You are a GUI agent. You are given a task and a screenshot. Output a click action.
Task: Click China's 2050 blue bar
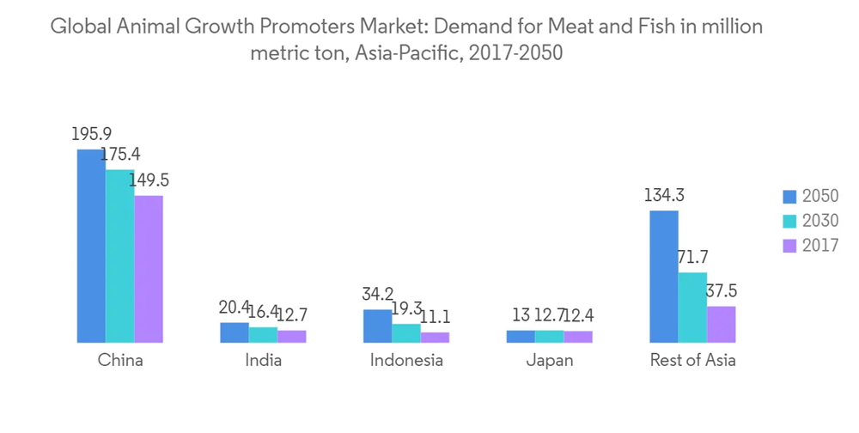(x=91, y=247)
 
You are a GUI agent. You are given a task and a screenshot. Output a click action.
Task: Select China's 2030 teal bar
(x=119, y=256)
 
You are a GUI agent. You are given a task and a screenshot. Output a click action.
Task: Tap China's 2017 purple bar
(x=148, y=269)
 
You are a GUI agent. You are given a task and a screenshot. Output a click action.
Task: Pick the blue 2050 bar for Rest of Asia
(x=664, y=277)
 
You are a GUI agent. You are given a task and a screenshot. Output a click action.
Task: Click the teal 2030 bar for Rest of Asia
(x=692, y=308)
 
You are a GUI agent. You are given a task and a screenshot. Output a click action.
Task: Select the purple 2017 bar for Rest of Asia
(x=721, y=325)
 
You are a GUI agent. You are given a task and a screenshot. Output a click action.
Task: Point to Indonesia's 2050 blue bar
(x=377, y=326)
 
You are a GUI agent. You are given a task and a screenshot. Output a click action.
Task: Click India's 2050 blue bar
(x=234, y=332)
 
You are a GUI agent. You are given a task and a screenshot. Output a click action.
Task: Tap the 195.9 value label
(x=92, y=134)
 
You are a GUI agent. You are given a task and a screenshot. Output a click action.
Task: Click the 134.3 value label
(x=665, y=195)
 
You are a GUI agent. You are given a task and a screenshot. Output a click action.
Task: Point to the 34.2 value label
(x=379, y=295)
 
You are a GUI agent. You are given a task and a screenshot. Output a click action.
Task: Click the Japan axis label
(x=549, y=360)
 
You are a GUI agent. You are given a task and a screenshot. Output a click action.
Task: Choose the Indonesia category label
(x=406, y=360)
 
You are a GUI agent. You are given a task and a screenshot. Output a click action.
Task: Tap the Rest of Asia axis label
(x=692, y=360)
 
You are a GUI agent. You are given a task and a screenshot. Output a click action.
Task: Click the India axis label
(x=263, y=360)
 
